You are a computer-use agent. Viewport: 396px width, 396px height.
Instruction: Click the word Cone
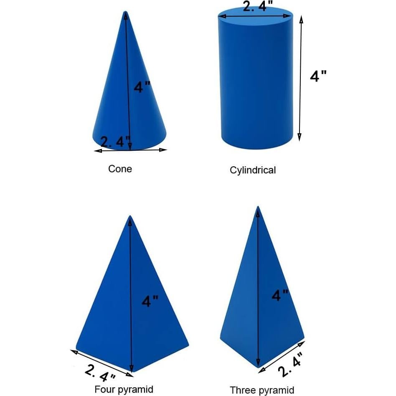(120, 169)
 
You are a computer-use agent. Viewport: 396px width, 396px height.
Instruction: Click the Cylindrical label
(253, 170)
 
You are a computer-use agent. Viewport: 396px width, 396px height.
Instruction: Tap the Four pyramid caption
(124, 389)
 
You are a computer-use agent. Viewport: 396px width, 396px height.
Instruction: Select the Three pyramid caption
(262, 390)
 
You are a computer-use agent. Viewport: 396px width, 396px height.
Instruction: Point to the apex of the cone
(125, 13)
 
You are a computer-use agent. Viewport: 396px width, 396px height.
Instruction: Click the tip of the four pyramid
(130, 217)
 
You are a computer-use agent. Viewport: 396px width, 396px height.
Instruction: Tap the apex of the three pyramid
(258, 207)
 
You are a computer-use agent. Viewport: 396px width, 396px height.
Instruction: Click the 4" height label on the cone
(142, 87)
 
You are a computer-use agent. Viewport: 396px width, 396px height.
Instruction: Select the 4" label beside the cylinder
(318, 76)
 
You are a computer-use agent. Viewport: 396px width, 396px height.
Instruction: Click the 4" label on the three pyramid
(280, 295)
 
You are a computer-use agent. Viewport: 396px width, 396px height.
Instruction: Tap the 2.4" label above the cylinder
(258, 7)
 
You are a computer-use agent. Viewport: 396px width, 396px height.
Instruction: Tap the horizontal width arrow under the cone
(131, 150)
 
